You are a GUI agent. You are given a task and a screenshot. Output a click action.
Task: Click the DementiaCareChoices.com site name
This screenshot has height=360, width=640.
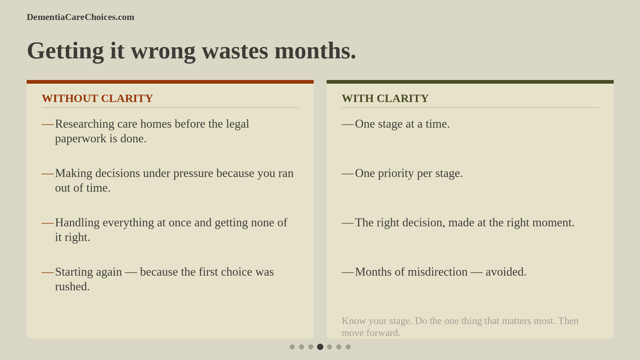pyautogui.click(x=80, y=17)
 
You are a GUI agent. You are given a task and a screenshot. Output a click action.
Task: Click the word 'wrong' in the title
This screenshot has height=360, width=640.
pyautogui.click(x=163, y=51)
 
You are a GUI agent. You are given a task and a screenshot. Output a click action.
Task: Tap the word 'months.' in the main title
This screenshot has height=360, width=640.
pyautogui.click(x=315, y=51)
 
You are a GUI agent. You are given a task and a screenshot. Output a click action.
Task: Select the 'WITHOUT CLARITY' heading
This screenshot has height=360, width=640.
pyautogui.click(x=97, y=98)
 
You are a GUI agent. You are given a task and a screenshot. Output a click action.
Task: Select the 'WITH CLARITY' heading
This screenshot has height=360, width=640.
pyautogui.click(x=385, y=98)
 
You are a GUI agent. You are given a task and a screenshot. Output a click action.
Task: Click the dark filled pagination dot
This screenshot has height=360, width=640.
pyautogui.click(x=320, y=347)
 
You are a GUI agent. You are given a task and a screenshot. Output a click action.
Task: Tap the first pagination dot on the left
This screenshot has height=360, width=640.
pyautogui.click(x=292, y=347)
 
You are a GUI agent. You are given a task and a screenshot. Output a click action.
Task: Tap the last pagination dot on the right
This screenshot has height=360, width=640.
pyautogui.click(x=348, y=347)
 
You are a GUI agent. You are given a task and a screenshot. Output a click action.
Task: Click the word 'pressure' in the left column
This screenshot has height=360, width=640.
pyautogui.click(x=193, y=173)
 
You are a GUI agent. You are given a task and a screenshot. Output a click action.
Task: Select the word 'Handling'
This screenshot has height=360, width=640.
pyautogui.click(x=77, y=223)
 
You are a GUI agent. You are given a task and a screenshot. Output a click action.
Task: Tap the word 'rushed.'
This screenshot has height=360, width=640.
pyautogui.click(x=72, y=287)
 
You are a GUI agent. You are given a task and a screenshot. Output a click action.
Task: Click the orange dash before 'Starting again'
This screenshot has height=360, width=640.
pyautogui.click(x=47, y=272)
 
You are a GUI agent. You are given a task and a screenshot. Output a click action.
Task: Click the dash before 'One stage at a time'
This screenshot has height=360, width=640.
pyautogui.click(x=347, y=124)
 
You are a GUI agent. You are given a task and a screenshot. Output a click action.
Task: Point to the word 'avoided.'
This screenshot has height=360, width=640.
pyautogui.click(x=506, y=272)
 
